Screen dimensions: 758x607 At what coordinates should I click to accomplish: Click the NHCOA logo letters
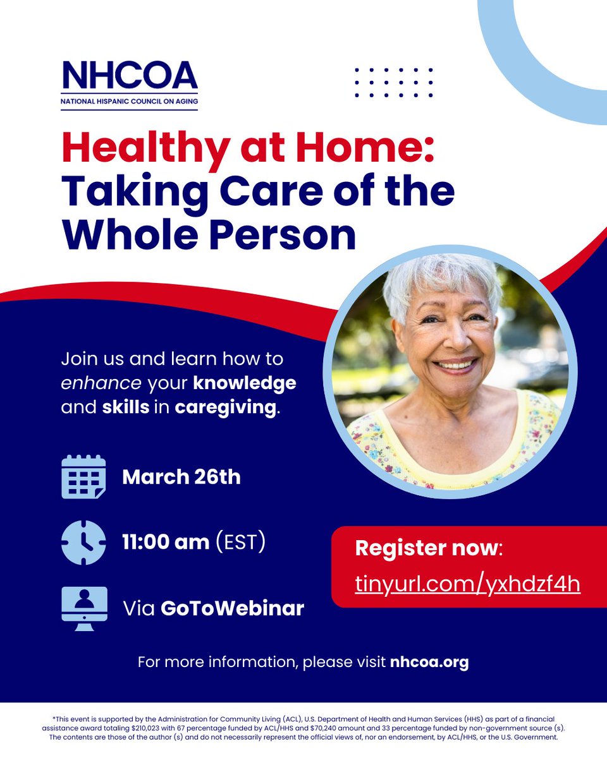pyautogui.click(x=130, y=76)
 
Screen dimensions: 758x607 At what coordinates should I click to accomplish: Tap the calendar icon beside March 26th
pyautogui.click(x=83, y=477)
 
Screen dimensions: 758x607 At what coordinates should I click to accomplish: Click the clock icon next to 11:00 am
pyautogui.click(x=83, y=542)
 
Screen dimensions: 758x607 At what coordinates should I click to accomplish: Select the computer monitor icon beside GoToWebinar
pyautogui.click(x=83, y=608)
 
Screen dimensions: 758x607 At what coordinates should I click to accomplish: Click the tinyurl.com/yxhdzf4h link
pyautogui.click(x=467, y=584)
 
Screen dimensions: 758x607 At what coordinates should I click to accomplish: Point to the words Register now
pyautogui.click(x=427, y=548)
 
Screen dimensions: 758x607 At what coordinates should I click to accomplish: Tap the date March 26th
pyautogui.click(x=181, y=477)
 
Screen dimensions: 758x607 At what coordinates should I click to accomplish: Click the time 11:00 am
pyautogui.click(x=166, y=542)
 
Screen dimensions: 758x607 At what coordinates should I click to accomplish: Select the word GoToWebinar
pyautogui.click(x=232, y=608)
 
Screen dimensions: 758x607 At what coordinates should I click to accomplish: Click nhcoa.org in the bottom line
pyautogui.click(x=429, y=663)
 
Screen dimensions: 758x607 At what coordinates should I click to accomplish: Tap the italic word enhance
pyautogui.click(x=101, y=383)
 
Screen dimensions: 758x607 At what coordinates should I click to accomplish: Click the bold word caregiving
pyautogui.click(x=226, y=407)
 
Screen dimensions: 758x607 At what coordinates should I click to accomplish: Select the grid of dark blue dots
pyautogui.click(x=394, y=82)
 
